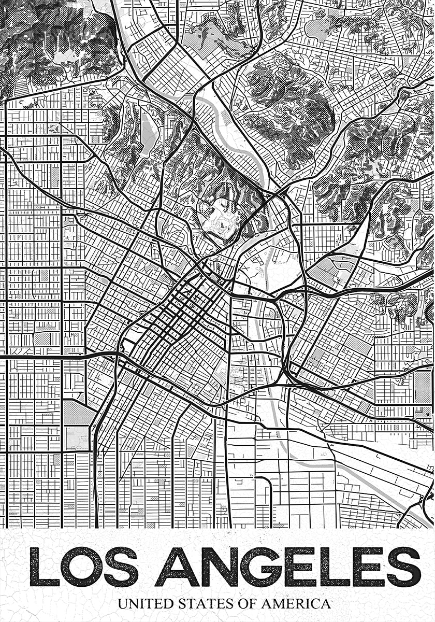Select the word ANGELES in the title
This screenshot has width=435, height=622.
pos(287,567)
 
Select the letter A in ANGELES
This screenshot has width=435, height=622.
pos(177,567)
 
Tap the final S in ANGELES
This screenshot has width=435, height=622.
pos(402,567)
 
